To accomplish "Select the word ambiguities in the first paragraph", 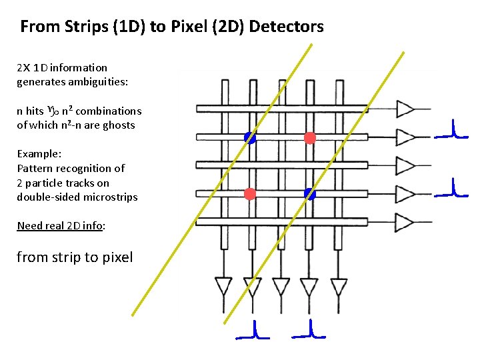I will pos(99,82).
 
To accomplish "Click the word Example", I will pos(38,153).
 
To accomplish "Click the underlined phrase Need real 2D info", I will pos(59,225).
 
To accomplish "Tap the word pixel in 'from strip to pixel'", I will pos(115,257).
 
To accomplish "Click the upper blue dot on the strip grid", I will pos(250,138).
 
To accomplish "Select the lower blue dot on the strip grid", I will pos(309,194).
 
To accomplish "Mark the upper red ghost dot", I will pos(309,138).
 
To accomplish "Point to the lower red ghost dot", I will pos(250,194).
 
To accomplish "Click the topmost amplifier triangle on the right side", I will pos(405,109).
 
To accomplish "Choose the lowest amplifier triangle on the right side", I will pos(405,221).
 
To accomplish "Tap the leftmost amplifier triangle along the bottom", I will pos(224,286).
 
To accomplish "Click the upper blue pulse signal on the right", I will pos(451,131).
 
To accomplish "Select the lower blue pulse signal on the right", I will pos(451,189).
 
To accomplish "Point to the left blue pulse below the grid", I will pos(253,331).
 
